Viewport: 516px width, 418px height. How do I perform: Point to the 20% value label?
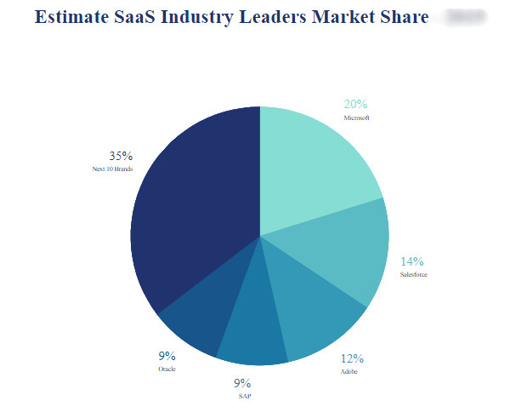pyautogui.click(x=355, y=105)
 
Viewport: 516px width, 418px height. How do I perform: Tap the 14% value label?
pyautogui.click(x=412, y=261)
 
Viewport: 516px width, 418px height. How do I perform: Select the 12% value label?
pyautogui.click(x=352, y=358)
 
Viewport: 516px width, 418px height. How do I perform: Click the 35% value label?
pyautogui.click(x=121, y=156)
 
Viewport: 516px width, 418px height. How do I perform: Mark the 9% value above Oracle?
pyautogui.click(x=167, y=356)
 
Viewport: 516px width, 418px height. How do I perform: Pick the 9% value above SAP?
pyautogui.click(x=243, y=383)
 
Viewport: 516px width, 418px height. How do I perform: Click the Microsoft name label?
pyautogui.click(x=356, y=117)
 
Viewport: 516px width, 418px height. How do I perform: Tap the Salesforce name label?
pyautogui.click(x=413, y=274)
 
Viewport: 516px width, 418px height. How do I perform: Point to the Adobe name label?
pyautogui.click(x=349, y=371)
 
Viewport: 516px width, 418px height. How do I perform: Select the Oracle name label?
pyautogui.click(x=167, y=369)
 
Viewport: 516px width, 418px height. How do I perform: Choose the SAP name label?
pyautogui.click(x=245, y=396)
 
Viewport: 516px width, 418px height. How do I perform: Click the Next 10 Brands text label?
pyautogui.click(x=112, y=169)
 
